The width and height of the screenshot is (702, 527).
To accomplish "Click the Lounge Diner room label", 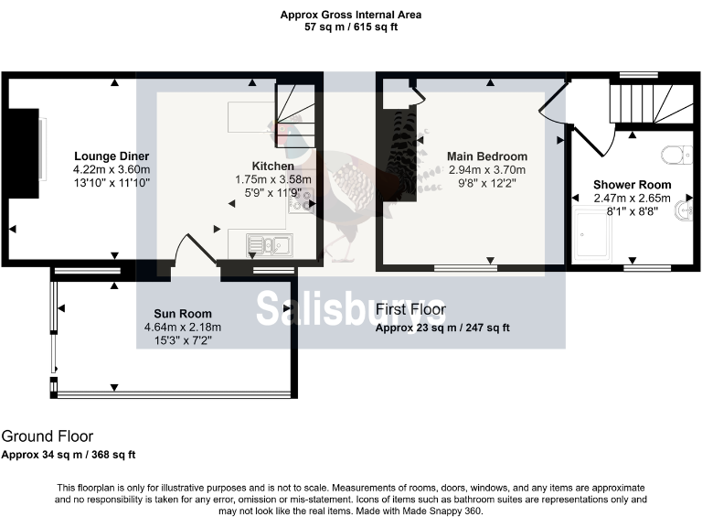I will (112, 156).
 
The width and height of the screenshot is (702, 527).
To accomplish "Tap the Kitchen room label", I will (273, 167).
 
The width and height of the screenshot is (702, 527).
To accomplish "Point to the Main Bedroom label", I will (487, 156).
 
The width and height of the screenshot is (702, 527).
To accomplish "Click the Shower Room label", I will (632, 185).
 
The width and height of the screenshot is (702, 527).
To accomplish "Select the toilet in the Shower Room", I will (675, 154).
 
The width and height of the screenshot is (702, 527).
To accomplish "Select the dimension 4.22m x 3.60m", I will (112, 169).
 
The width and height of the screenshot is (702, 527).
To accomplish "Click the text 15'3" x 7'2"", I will (183, 341).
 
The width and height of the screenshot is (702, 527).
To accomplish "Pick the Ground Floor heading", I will (48, 437).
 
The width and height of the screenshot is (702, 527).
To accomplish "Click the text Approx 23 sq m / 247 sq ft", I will (442, 328).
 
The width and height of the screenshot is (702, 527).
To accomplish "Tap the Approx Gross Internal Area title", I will (351, 15).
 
